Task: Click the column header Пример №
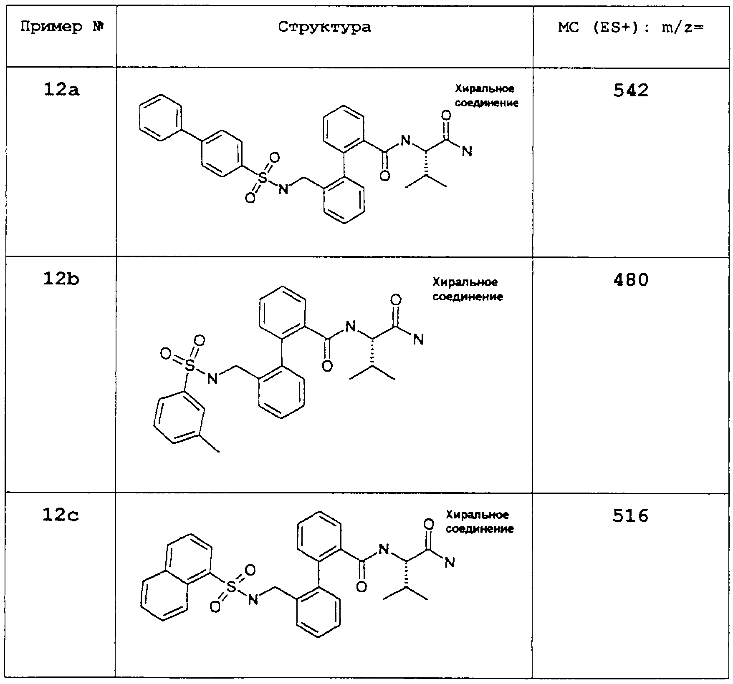(x=62, y=28)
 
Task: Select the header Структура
(x=324, y=28)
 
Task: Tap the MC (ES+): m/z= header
(x=631, y=28)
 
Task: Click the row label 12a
(x=61, y=90)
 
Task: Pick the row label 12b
(x=61, y=279)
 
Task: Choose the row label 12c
(x=61, y=516)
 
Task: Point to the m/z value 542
(x=631, y=91)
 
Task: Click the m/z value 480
(x=631, y=279)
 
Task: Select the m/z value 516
(x=630, y=516)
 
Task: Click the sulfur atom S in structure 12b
(x=190, y=366)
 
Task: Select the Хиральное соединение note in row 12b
(x=468, y=289)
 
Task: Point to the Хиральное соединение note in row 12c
(x=480, y=521)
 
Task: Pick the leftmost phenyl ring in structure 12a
(x=161, y=118)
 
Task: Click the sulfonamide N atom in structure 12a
(x=283, y=189)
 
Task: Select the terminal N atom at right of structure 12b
(x=418, y=340)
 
